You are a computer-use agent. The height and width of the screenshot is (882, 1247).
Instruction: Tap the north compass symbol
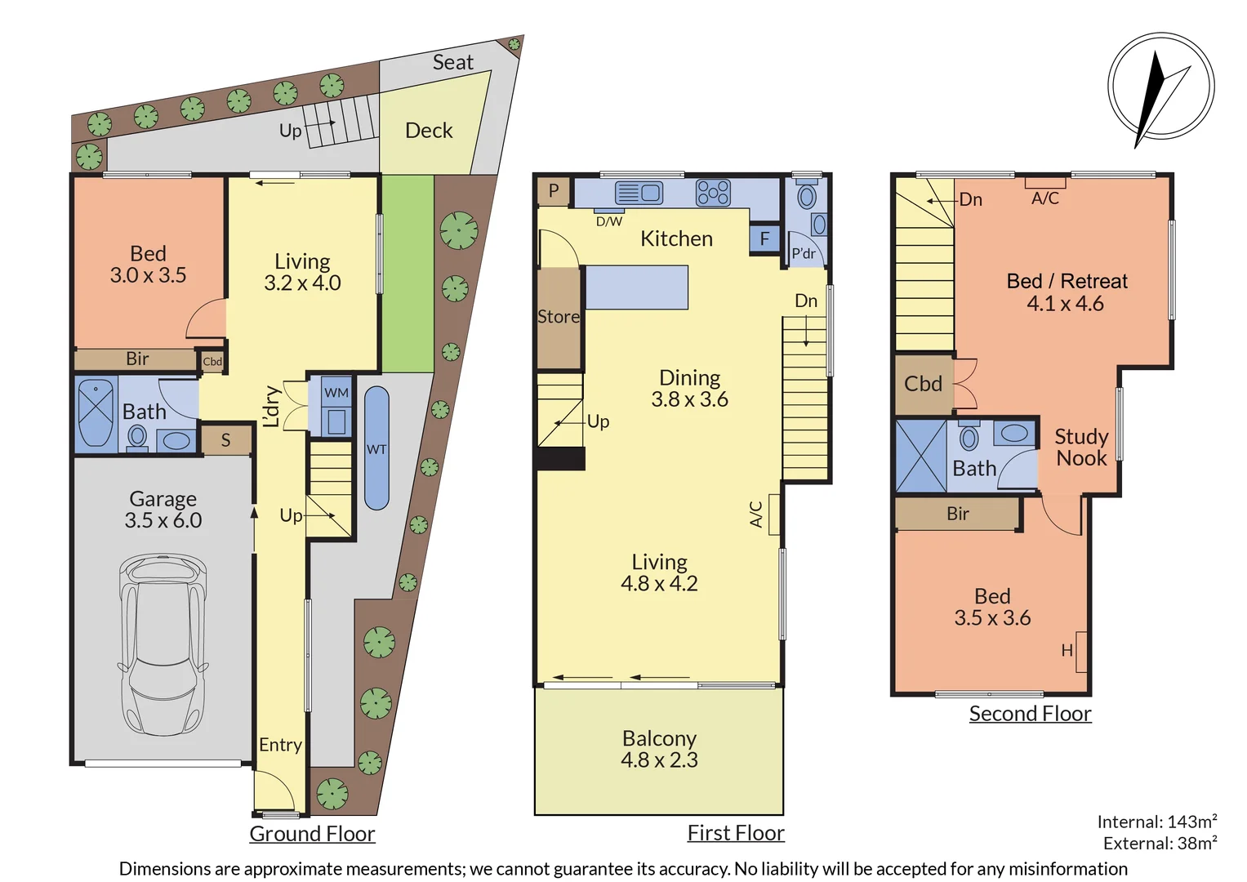point(1160,87)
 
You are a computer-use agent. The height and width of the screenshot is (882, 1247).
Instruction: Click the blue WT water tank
point(376,448)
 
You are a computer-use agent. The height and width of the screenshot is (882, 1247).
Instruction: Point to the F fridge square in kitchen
point(764,239)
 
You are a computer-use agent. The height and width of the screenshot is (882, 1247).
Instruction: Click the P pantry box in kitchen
point(554,191)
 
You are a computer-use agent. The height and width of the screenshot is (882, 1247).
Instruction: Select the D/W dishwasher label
point(608,221)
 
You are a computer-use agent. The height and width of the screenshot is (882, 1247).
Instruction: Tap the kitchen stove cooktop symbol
point(713,194)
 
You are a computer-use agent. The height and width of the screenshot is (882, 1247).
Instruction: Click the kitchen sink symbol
point(639,194)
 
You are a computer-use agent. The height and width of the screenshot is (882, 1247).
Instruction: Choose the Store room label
point(559,317)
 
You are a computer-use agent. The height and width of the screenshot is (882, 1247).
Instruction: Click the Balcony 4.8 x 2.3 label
point(659,749)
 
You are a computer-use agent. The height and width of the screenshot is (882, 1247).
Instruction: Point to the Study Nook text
point(1081,448)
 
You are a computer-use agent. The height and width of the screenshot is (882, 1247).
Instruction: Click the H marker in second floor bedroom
point(1067,650)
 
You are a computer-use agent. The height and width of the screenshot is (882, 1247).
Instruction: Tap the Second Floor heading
point(1030,714)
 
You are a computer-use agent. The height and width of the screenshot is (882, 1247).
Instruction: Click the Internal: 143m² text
point(1156,822)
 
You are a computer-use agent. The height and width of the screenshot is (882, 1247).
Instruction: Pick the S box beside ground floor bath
point(226,440)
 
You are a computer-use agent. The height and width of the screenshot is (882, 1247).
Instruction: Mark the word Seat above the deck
point(452,62)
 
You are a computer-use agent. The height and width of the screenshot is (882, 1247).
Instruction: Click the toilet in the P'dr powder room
point(807,197)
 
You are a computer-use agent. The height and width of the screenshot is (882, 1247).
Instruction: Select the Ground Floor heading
point(312,834)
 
